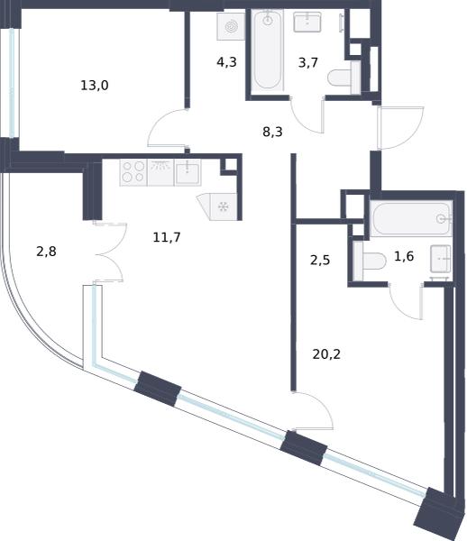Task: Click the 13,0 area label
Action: [x=95, y=85]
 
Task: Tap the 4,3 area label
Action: [x=226, y=62]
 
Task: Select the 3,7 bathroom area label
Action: [x=308, y=63]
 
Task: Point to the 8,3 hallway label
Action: [x=272, y=132]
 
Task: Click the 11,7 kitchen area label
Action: [x=167, y=237]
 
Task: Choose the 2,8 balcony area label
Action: [x=46, y=252]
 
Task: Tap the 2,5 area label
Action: [x=320, y=261]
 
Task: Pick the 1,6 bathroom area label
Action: [x=404, y=256]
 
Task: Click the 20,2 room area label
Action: [x=326, y=354]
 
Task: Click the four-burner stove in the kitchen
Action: [x=133, y=172]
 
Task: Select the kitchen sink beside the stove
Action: [x=188, y=172]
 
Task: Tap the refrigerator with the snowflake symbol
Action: [x=220, y=206]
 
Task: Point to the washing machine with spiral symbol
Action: [x=231, y=26]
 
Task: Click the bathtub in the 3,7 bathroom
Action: [x=268, y=51]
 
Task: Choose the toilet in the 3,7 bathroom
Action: [x=343, y=78]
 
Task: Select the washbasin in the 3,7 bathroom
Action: [x=307, y=22]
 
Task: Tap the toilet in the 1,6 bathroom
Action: [x=369, y=261]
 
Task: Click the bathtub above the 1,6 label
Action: [x=411, y=218]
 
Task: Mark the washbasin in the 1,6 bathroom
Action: [x=441, y=259]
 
